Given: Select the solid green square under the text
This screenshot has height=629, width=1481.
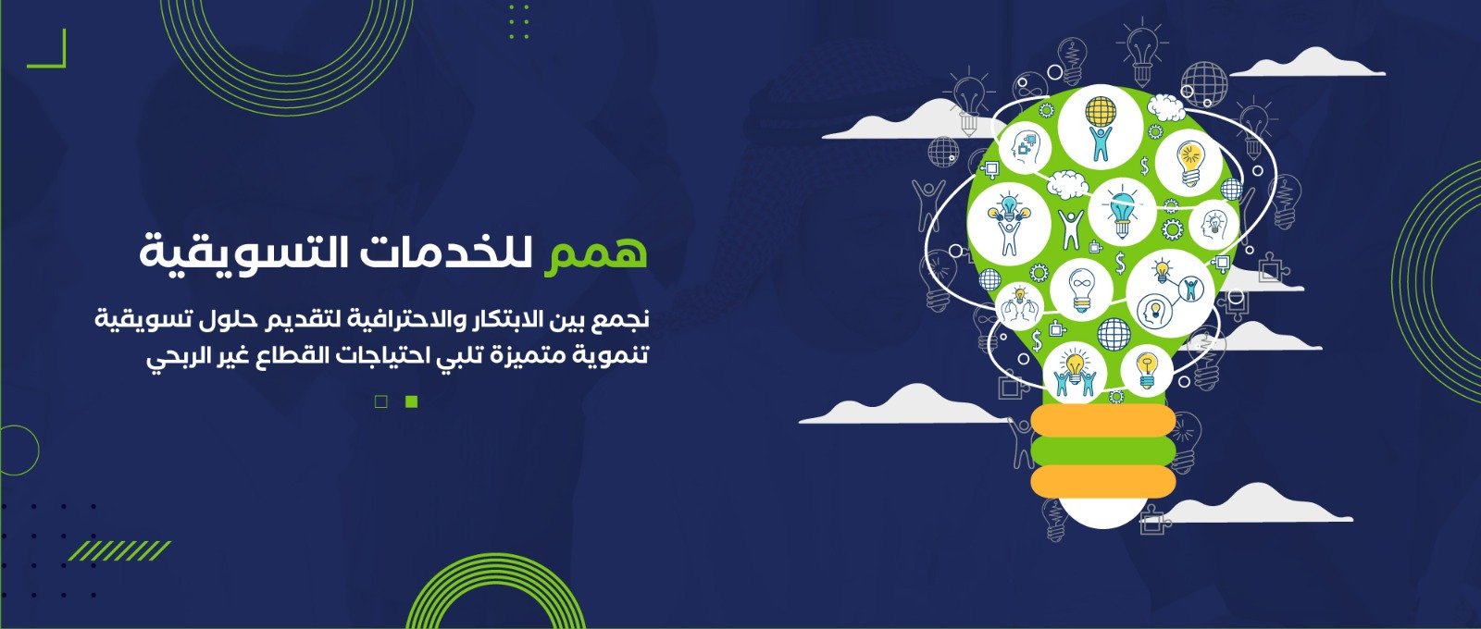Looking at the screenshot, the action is [x=411, y=401].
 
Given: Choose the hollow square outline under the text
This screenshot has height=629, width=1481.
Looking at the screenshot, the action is [x=380, y=401].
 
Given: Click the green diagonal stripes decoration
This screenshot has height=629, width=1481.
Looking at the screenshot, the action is [x=119, y=550].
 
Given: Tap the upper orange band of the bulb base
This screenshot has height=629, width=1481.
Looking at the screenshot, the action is [x=1102, y=420].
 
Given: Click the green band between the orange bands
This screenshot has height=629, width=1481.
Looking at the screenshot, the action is [x=1102, y=450].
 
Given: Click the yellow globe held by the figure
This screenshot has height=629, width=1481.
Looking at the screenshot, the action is [x=1101, y=111].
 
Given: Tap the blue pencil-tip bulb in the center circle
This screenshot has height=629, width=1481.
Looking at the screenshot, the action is [x=1122, y=209].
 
